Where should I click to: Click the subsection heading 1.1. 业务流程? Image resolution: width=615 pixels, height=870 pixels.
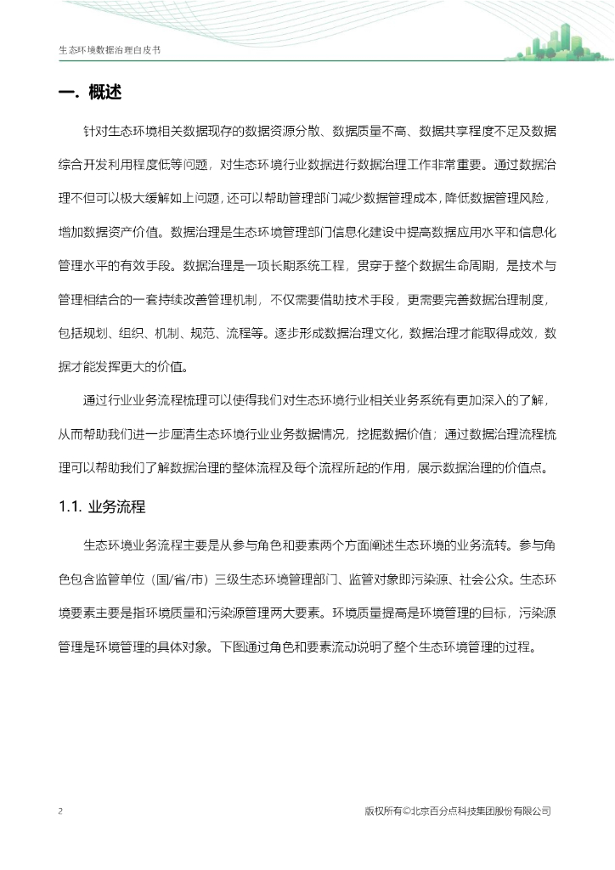[x=102, y=507]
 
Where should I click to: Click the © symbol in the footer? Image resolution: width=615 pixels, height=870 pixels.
[x=406, y=811]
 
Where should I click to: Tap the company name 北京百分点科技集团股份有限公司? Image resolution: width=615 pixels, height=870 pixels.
[x=482, y=811]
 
